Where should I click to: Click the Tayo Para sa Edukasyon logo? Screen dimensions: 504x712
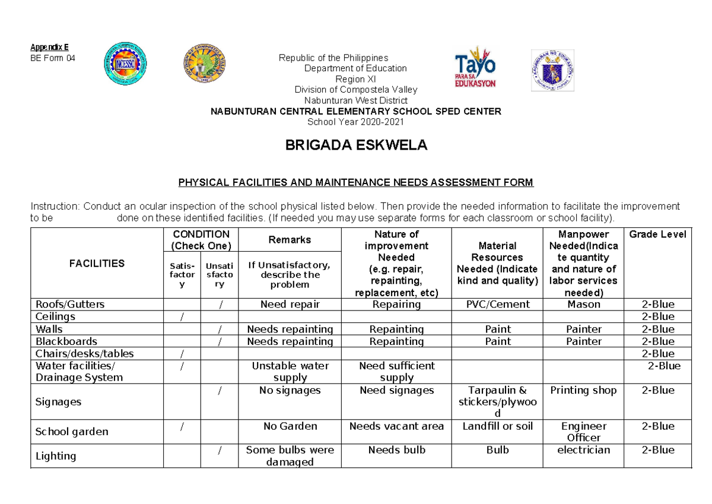tap(475, 67)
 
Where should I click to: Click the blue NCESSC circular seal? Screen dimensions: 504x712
tap(125, 65)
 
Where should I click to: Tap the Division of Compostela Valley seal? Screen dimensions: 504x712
tap(204, 65)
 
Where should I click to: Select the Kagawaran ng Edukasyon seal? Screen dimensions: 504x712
tap(552, 70)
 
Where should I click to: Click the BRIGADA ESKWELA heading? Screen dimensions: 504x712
tap(356, 146)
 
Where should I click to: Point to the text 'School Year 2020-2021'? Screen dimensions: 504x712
tap(356, 122)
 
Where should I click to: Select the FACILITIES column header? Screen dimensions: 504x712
tap(97, 263)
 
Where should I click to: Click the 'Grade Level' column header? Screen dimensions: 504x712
tap(657, 234)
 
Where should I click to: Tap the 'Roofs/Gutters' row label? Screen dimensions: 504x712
tap(70, 304)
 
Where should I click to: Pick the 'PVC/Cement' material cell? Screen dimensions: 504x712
tap(497, 304)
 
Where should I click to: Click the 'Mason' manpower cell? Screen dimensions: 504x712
tap(583, 304)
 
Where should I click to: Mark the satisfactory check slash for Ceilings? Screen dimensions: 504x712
tap(182, 317)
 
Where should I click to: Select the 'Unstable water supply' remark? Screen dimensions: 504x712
tap(290, 372)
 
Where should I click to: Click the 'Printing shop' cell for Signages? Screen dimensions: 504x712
tap(583, 390)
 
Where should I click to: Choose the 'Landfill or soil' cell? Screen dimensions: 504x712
tap(497, 426)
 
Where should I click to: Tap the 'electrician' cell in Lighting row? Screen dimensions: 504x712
tap(583, 450)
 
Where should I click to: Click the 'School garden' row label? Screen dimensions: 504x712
tap(72, 432)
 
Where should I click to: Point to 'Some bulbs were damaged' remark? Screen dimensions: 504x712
tap(290, 456)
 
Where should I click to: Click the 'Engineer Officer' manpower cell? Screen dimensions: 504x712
tap(583, 432)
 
